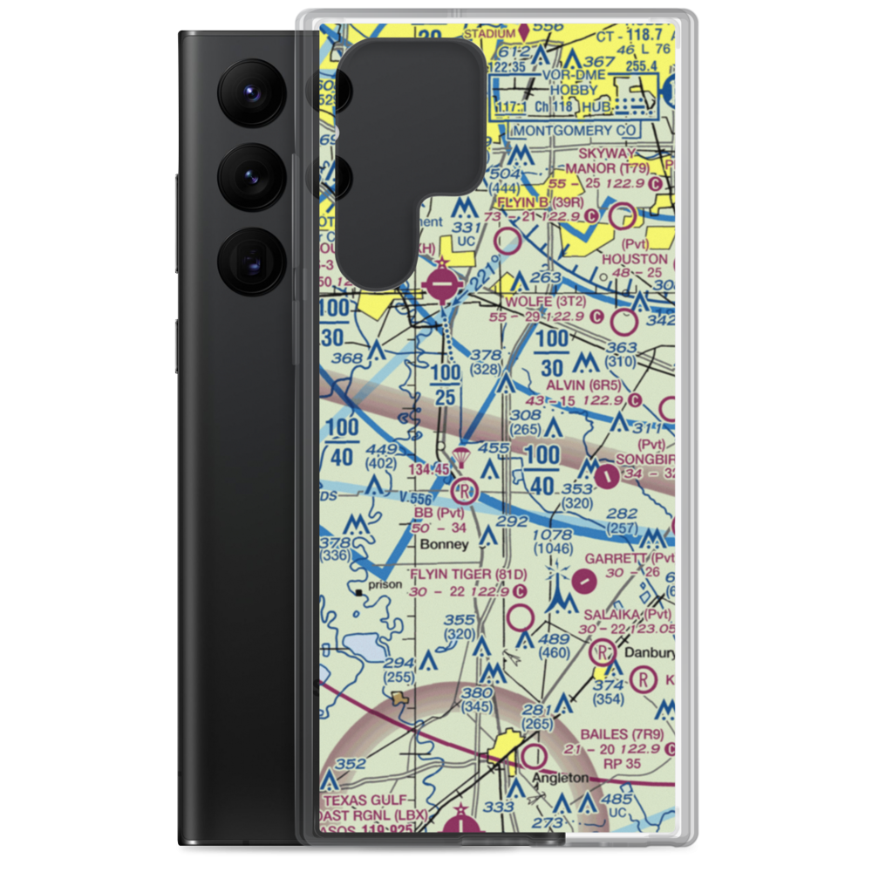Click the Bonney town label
point(444,543)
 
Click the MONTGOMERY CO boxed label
point(576,130)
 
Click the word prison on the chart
point(386,584)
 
